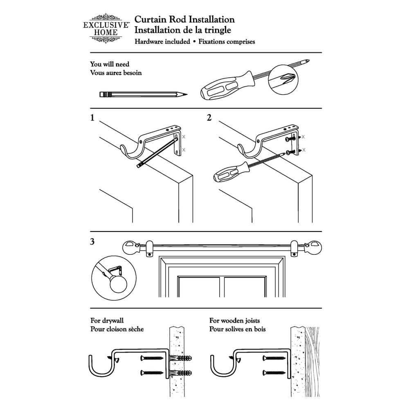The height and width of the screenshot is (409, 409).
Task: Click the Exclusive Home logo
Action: pos(106,28)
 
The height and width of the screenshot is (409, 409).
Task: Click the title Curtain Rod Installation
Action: pos(184,20)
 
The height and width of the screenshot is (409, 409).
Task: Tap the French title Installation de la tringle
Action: pos(183,30)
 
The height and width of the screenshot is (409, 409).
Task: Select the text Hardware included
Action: pos(162,42)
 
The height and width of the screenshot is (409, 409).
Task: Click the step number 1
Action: pos(92,118)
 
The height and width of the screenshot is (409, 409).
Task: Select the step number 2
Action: pos(209,118)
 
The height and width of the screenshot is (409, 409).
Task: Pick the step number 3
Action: pos(92,242)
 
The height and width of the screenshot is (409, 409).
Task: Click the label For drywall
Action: pos(107,321)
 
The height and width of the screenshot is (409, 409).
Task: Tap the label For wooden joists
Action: pos(234,321)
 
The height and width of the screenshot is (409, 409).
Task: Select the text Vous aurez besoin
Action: pos(116,73)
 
